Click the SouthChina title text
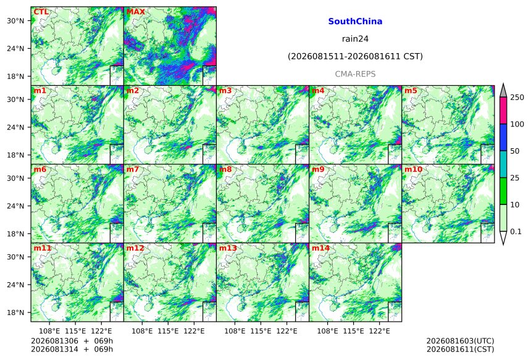[355, 22]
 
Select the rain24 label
[355, 39]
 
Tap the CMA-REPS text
[355, 74]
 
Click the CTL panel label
[41, 12]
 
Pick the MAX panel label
[135, 12]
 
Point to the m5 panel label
[411, 90]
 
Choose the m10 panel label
[413, 169]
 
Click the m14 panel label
[320, 248]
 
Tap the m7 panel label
[133, 169]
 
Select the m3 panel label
[225, 90]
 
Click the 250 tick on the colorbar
[517, 98]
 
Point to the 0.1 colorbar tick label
[516, 232]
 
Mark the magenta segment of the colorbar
[503, 111]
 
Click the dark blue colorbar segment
[503, 138]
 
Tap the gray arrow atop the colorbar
[503, 91]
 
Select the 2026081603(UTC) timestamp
[460, 341]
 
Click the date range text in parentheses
[355, 56]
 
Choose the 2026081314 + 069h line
[72, 349]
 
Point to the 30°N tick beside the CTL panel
[15, 20]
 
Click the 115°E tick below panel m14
[354, 331]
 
